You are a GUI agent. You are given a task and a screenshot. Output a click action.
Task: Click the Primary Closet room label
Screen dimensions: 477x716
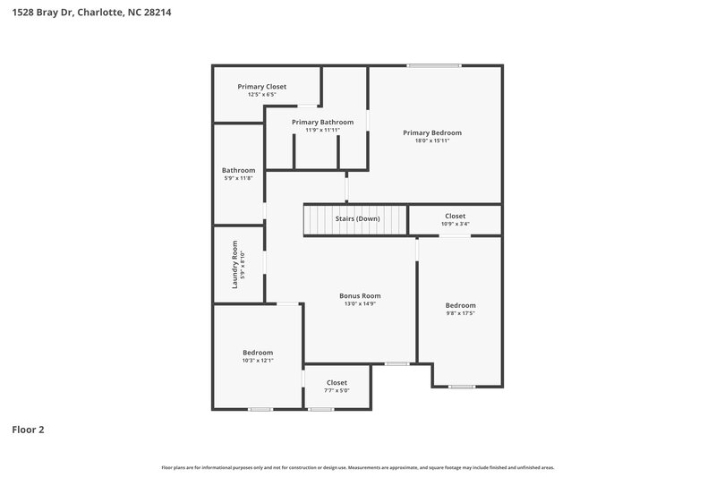pos(262,87)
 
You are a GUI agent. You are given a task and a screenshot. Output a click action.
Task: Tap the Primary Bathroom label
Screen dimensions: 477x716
pos(322,122)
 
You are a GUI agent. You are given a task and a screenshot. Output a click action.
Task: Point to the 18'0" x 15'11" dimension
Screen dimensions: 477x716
pos(431,141)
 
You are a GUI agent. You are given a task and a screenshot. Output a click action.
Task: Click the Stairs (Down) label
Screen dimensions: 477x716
pos(356,219)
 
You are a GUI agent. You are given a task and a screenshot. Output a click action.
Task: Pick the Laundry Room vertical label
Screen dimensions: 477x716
pos(235,264)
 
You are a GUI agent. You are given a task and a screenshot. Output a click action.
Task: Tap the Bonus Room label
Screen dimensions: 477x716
pos(360,295)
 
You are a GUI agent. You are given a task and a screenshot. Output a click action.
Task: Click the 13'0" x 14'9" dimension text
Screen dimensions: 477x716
pos(360,303)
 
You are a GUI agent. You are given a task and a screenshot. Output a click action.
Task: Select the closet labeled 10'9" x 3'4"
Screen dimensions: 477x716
pos(455,220)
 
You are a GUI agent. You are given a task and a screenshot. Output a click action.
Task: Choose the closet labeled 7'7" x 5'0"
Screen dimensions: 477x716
pos(337,386)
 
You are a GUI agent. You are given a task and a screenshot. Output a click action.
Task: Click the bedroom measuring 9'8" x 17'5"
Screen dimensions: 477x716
pos(461,309)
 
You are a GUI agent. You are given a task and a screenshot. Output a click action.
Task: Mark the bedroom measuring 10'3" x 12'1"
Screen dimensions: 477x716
pos(258,356)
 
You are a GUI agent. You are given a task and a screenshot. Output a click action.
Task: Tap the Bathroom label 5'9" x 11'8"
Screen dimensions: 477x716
pos(239,174)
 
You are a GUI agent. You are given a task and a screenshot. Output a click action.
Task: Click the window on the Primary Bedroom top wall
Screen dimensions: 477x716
pos(434,65)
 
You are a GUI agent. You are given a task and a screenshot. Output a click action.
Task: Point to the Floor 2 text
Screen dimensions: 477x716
pos(28,430)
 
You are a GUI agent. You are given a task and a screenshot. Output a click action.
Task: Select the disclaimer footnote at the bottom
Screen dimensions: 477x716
pos(357,467)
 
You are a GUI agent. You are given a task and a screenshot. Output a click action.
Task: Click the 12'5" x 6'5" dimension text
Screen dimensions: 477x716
pos(262,94)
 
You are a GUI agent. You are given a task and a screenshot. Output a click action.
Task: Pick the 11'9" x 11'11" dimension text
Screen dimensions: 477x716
pos(322,130)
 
